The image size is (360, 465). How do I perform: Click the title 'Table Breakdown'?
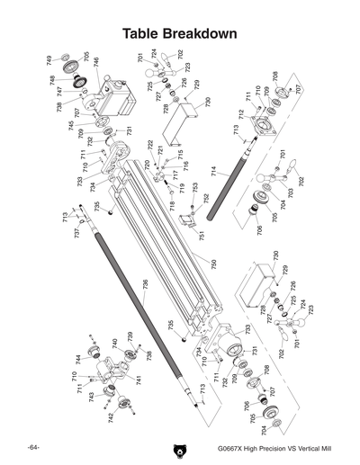click(180, 33)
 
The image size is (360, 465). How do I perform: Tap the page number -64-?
click(32, 447)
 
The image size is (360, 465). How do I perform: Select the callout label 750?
click(213, 264)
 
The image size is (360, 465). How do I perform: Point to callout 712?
click(241, 114)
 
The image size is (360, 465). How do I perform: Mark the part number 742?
click(110, 417)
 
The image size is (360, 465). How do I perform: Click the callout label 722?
click(150, 145)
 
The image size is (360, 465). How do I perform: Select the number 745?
click(72, 125)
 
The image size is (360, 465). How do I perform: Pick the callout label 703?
click(291, 192)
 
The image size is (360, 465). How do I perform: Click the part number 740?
click(114, 343)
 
